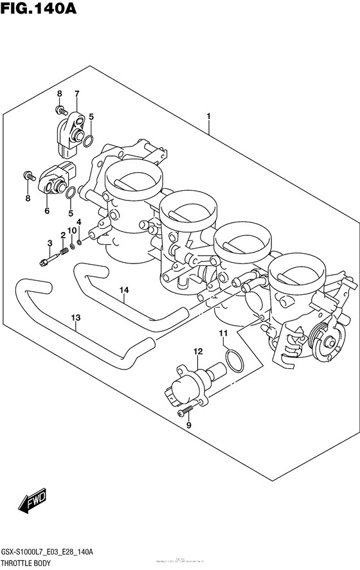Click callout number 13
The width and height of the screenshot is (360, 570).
(x=76, y=317)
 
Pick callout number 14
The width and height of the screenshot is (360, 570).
(x=124, y=290)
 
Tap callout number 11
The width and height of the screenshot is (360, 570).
(x=222, y=332)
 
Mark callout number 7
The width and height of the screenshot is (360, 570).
(x=76, y=94)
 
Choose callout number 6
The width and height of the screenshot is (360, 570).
(x=47, y=210)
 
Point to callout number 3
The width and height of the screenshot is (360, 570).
(x=49, y=242)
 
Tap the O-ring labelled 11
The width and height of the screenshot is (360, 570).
(x=233, y=361)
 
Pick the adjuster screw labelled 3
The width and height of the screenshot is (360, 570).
(x=46, y=260)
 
